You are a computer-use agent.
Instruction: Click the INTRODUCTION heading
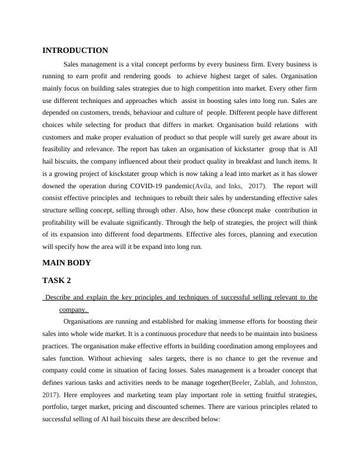[x=75, y=51]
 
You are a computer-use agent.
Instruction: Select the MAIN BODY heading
[x=66, y=262]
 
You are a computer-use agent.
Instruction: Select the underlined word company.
[x=72, y=309]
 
